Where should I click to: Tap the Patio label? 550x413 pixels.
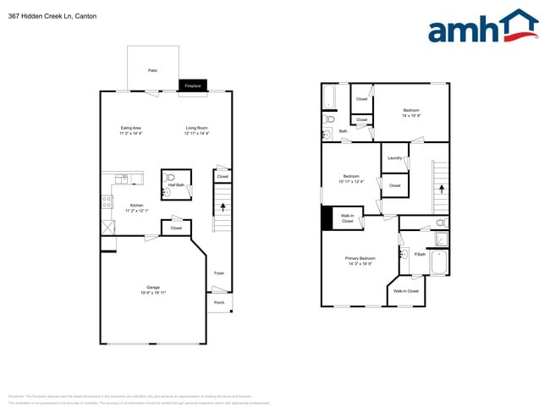[x=152, y=70]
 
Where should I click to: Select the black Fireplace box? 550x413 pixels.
[x=193, y=85]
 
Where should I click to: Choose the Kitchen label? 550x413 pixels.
[x=136, y=207]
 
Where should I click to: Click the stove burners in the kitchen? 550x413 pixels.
[x=107, y=202]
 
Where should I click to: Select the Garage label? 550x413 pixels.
[x=153, y=289]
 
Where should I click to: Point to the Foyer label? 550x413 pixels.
[x=219, y=273]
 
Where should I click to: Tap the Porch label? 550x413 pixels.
[x=219, y=302]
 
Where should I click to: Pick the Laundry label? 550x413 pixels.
[x=394, y=158]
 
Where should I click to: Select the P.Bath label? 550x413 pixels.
[x=419, y=253]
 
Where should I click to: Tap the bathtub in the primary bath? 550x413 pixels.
[x=438, y=262]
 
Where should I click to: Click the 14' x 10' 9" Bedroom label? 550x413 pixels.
[x=411, y=113]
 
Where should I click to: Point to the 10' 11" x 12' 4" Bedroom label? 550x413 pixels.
[x=350, y=179]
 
